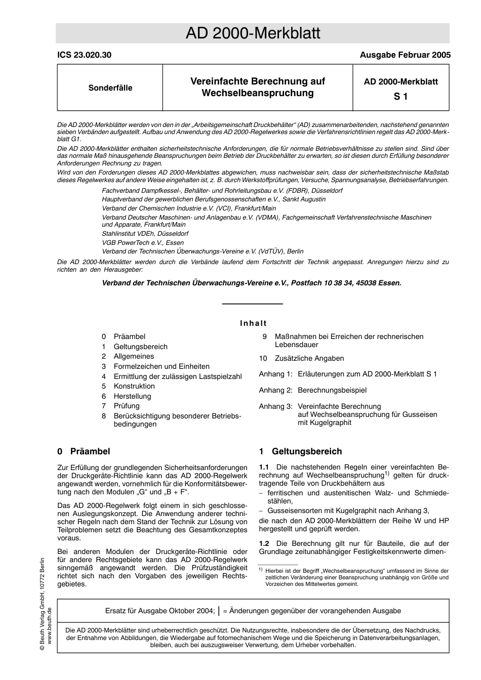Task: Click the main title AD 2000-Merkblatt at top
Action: click(x=253, y=33)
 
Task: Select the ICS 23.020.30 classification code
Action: click(x=84, y=55)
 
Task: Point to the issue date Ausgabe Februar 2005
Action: click(x=405, y=55)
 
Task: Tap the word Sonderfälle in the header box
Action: click(x=110, y=88)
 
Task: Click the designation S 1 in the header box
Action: click(x=400, y=96)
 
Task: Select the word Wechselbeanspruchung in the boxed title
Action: click(x=258, y=93)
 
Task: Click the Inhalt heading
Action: click(x=253, y=323)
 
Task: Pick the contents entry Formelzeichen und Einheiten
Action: click(x=161, y=366)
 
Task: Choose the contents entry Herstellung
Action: click(x=132, y=396)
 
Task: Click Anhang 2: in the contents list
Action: click(x=275, y=390)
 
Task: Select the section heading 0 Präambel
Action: click(x=84, y=451)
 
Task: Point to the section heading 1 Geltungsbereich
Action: click(x=300, y=451)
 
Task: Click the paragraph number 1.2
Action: click(x=264, y=543)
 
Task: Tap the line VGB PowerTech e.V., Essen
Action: click(x=143, y=242)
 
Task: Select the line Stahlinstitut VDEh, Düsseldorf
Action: click(x=145, y=234)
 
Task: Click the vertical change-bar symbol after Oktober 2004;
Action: click(x=219, y=611)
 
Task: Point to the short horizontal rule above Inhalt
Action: click(x=252, y=304)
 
